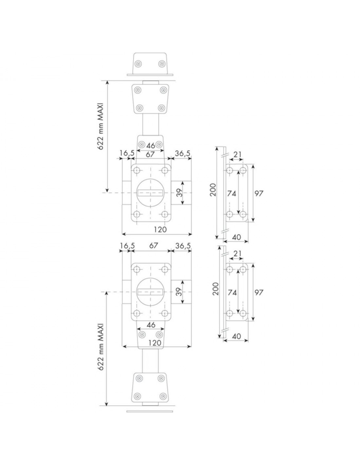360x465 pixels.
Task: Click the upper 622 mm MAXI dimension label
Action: coord(100,127)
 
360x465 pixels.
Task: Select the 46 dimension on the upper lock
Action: coord(151,146)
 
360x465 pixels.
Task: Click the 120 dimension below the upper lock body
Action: coord(160,230)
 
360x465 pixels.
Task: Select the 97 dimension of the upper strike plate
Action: coord(259,194)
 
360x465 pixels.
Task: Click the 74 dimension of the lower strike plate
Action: coord(232,292)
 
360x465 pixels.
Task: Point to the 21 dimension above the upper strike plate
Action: coord(237,154)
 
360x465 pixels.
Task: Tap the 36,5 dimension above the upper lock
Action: coord(183,153)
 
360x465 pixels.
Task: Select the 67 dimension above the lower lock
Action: coord(153,246)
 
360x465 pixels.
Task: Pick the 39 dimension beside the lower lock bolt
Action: coord(179,292)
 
